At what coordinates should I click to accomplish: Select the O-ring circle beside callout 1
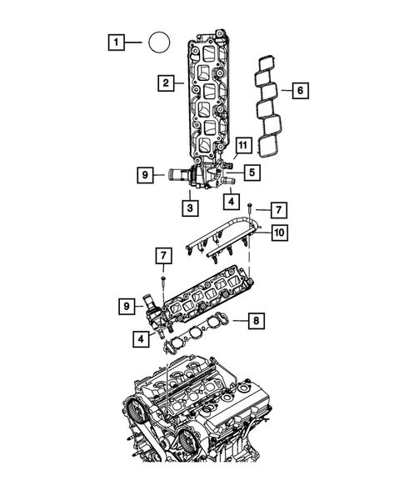[x=158, y=41]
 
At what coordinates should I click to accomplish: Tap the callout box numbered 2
[x=167, y=83]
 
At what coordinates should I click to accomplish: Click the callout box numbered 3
[x=191, y=207]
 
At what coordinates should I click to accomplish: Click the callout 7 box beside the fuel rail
[x=280, y=207]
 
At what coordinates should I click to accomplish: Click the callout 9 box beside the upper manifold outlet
[x=145, y=175]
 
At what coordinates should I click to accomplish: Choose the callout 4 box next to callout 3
[x=230, y=201]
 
